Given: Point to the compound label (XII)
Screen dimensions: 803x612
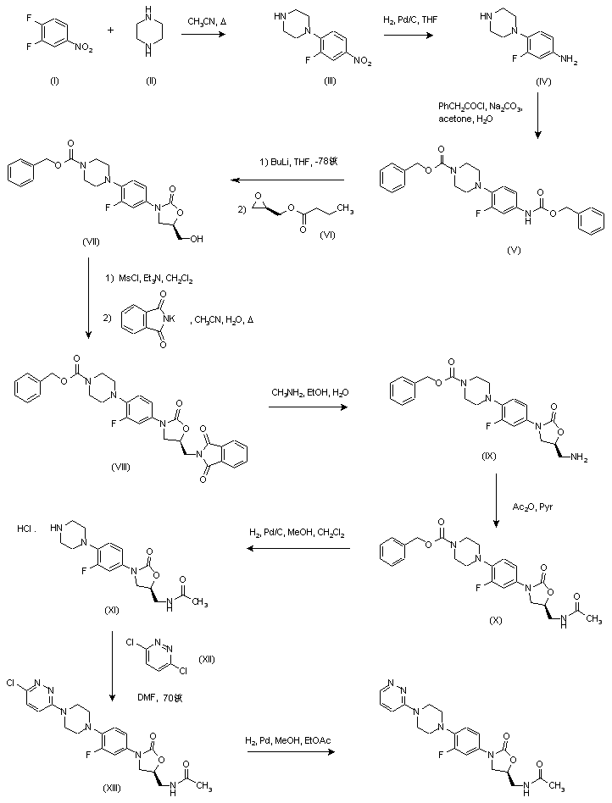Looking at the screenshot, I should (x=208, y=658).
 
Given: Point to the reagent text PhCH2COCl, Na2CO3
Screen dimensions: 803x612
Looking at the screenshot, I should (x=480, y=106).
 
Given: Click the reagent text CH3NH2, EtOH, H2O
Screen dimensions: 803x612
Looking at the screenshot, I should (x=309, y=392).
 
